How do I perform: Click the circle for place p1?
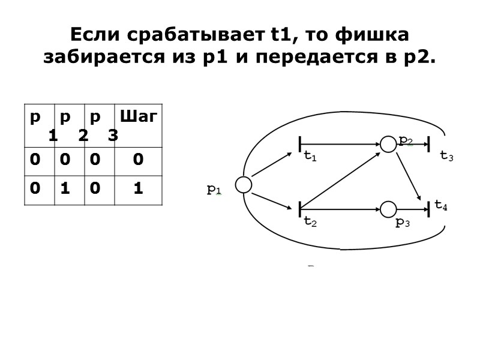(x=243, y=185)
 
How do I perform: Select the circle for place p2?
(x=389, y=144)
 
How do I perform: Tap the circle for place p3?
(x=389, y=209)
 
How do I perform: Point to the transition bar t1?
(x=299, y=145)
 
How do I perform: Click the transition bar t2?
(x=299, y=209)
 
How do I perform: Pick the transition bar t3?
(x=429, y=144)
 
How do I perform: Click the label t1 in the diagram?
(x=310, y=157)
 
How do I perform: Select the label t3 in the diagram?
(x=446, y=156)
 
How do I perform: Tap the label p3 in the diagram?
(x=402, y=223)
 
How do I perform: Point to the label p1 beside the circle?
(x=214, y=190)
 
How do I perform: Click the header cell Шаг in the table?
(x=138, y=116)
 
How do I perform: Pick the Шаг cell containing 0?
(x=138, y=160)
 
